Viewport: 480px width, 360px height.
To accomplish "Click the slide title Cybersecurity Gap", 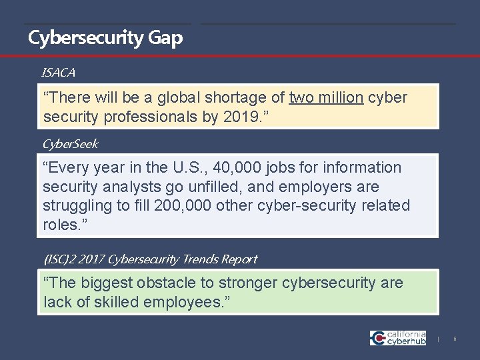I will (105, 38).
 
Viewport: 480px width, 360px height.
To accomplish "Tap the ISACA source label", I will (58, 71).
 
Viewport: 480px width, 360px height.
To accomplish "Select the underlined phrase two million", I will (326, 97).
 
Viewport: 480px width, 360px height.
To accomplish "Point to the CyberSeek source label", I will (70, 144).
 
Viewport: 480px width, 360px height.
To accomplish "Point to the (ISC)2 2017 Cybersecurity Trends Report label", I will (149, 259).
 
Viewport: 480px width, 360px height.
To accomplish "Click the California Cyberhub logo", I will (398, 337).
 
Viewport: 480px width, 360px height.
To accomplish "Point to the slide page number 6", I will (455, 339).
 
